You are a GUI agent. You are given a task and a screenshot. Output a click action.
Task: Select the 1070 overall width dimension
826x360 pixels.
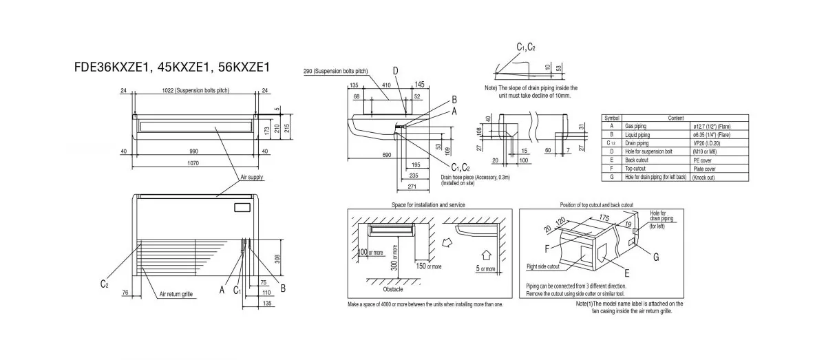(194, 163)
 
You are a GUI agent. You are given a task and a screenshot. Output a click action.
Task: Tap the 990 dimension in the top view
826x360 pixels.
(194, 151)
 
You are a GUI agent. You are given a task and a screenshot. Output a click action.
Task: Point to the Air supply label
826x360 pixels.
(252, 178)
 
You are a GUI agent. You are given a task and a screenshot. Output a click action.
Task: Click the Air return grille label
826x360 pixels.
(176, 294)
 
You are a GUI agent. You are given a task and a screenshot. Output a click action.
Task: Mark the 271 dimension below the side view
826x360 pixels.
(412, 186)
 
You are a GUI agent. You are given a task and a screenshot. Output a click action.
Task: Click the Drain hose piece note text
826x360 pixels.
(466, 177)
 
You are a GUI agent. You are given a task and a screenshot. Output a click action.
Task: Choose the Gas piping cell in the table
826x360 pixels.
(636, 127)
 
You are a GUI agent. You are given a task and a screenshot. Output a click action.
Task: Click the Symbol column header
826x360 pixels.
(612, 119)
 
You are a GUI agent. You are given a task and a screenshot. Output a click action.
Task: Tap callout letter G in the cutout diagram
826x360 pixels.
(656, 257)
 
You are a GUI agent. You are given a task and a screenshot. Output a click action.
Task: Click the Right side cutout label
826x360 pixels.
(543, 266)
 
